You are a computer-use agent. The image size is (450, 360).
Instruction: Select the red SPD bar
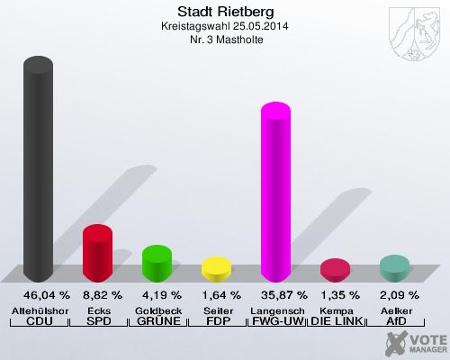(96, 252)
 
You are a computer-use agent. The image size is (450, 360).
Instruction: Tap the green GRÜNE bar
(157, 262)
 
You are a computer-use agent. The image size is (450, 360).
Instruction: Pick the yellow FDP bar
(216, 268)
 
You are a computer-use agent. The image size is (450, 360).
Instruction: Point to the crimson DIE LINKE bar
(335, 269)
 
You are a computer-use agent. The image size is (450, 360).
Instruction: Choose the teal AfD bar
(394, 267)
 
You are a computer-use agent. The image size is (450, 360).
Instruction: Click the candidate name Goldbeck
(157, 309)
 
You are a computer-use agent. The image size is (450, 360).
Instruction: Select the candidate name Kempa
(335, 309)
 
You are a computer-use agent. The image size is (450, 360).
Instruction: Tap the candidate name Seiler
(216, 309)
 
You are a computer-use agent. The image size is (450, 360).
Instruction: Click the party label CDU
(37, 321)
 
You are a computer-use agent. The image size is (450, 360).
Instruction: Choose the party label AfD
(394, 321)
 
